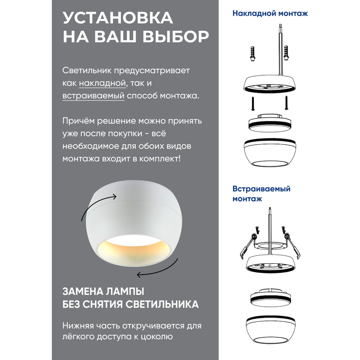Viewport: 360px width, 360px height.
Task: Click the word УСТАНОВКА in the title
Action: (x=118, y=18)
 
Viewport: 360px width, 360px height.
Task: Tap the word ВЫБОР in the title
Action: (x=176, y=36)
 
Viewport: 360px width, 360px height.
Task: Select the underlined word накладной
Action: (x=103, y=83)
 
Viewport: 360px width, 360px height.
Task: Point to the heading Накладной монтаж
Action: (x=270, y=13)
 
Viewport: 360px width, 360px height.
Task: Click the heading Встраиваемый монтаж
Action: (x=261, y=194)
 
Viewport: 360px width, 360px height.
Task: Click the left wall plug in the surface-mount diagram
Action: (x=253, y=54)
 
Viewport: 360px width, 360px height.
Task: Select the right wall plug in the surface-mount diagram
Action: (x=286, y=53)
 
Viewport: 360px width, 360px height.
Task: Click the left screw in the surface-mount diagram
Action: (x=253, y=104)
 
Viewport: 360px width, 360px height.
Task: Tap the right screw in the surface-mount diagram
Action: (x=286, y=103)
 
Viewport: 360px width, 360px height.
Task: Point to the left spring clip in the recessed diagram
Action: (x=247, y=247)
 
